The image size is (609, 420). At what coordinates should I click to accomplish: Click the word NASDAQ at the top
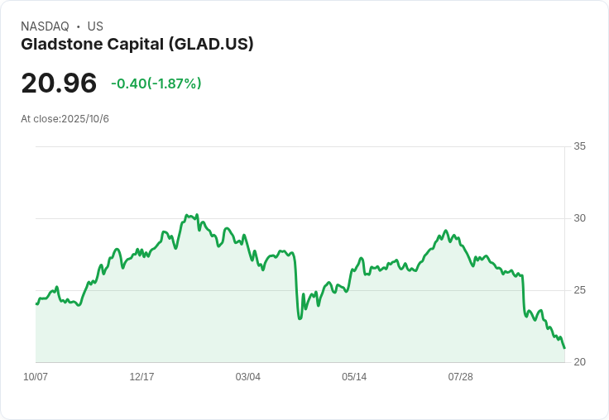(45, 26)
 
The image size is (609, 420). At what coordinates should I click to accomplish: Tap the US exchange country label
(95, 26)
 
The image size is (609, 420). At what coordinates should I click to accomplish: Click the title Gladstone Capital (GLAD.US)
(137, 44)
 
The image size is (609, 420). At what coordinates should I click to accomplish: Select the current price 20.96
(59, 83)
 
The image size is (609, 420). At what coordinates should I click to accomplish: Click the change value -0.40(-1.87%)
(156, 84)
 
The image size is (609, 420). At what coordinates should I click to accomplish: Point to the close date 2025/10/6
(85, 119)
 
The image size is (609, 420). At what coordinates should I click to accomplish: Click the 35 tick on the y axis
(579, 146)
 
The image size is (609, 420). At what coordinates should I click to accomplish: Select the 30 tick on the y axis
(579, 218)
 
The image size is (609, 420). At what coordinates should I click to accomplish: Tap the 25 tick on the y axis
(579, 290)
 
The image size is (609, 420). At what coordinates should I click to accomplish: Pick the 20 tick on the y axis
(579, 362)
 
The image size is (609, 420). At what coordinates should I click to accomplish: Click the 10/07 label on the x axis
(36, 377)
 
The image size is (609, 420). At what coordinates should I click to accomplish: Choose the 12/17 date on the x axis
(141, 377)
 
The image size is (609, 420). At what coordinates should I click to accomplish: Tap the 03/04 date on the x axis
(247, 377)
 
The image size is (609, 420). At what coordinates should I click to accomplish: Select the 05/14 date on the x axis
(354, 377)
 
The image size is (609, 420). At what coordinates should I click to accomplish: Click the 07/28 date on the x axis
(460, 377)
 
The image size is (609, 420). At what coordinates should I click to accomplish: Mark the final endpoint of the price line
(564, 348)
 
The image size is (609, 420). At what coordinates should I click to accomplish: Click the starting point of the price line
(36, 304)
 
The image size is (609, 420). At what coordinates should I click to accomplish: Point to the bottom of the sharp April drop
(300, 318)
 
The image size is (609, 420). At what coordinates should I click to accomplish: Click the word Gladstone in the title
(55, 44)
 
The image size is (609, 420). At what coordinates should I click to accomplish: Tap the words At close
(40, 119)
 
